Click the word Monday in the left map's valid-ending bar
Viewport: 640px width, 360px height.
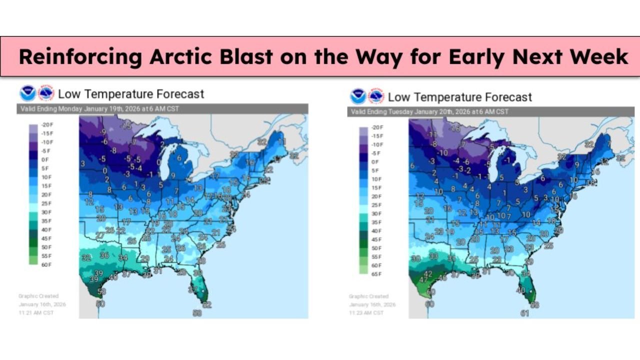tap(69, 109)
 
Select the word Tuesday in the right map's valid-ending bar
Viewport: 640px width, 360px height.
tap(400, 111)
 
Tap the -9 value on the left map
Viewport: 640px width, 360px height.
tap(103, 132)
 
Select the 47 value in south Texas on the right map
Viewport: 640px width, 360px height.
tap(423, 279)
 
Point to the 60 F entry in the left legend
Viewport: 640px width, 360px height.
tap(47, 264)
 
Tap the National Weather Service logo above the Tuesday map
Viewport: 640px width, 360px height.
tap(376, 96)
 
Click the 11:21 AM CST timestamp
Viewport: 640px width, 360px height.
tap(36, 312)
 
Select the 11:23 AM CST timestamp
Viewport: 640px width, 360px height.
tap(366, 312)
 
